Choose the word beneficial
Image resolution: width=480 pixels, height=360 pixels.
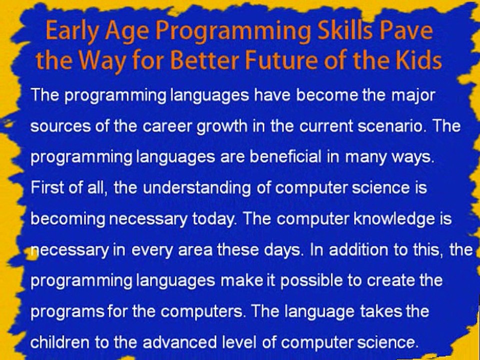click(x=285, y=156)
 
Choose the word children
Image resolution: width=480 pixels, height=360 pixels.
click(x=60, y=342)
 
